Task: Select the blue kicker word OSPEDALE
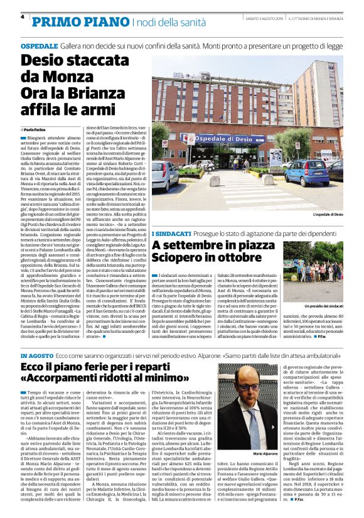[39, 46]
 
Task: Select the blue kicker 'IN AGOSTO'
[37, 356]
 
